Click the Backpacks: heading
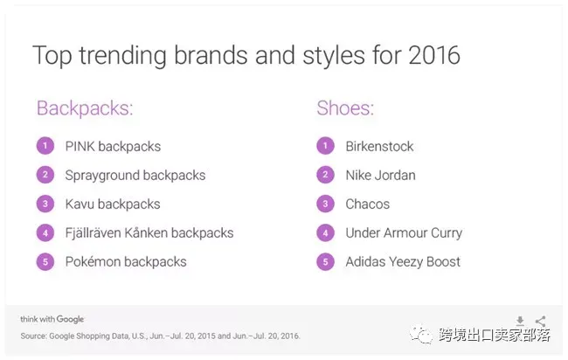click(x=85, y=108)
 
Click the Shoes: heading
click(x=345, y=108)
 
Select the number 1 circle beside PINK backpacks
click(x=45, y=146)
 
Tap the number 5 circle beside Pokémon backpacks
click(x=45, y=261)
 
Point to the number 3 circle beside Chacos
click(x=325, y=204)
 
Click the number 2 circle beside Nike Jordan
click(x=325, y=175)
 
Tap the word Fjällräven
click(x=94, y=232)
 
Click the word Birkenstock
click(x=379, y=146)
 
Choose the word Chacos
click(x=367, y=204)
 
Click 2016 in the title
click(x=434, y=55)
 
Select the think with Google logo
click(x=52, y=319)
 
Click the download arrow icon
click(x=520, y=321)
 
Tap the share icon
click(x=540, y=321)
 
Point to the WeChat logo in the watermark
click(x=421, y=335)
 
